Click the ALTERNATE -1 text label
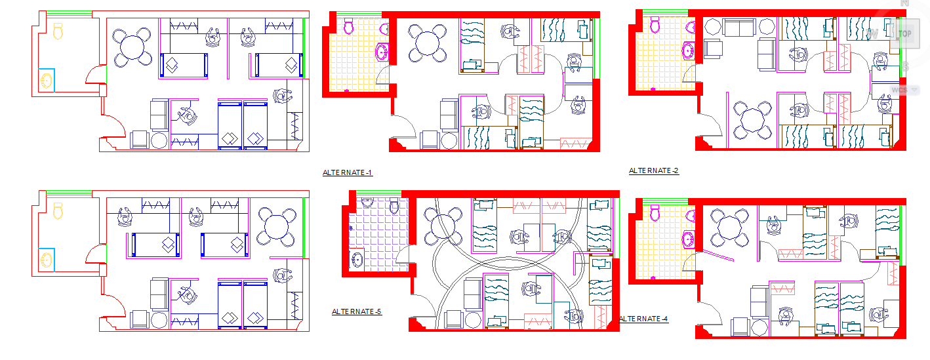tap(348, 173)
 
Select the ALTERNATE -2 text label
tap(654, 171)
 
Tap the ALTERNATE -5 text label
tap(357, 312)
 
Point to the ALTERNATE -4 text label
tap(644, 319)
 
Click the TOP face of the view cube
tap(905, 33)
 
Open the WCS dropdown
tap(903, 90)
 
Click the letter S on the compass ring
tap(905, 67)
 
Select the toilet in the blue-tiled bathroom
tap(394, 207)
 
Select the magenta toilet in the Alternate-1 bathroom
tap(349, 27)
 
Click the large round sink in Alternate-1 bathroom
tap(382, 51)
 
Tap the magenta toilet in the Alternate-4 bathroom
tap(655, 212)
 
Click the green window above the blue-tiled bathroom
tap(377, 193)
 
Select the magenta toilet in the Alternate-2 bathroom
tap(655, 25)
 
